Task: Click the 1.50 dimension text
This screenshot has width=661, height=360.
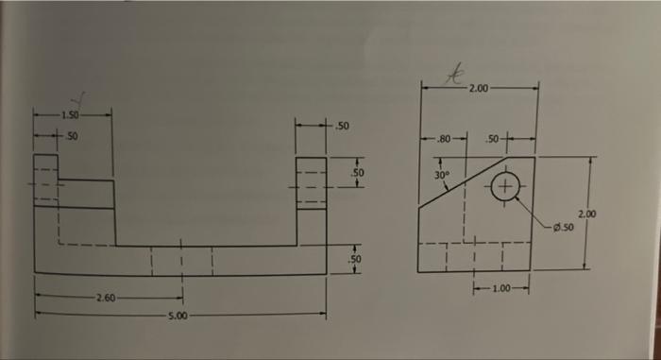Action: pos(69,115)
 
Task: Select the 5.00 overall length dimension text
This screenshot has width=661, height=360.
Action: pos(177,315)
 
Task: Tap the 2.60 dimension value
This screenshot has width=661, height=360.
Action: pos(105,298)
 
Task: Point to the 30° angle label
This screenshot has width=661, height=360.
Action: pos(442,175)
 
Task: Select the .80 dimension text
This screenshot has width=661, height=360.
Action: pos(441,139)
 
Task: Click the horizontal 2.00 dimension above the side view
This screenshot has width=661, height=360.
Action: pos(479,89)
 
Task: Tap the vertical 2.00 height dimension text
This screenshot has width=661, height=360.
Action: pos(586,214)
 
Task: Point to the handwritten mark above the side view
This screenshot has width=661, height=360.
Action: pos(457,70)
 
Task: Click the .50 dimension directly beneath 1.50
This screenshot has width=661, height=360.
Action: pos(71,136)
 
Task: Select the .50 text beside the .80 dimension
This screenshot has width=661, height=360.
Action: pos(492,139)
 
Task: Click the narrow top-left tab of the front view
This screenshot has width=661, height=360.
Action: pos(46,180)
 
